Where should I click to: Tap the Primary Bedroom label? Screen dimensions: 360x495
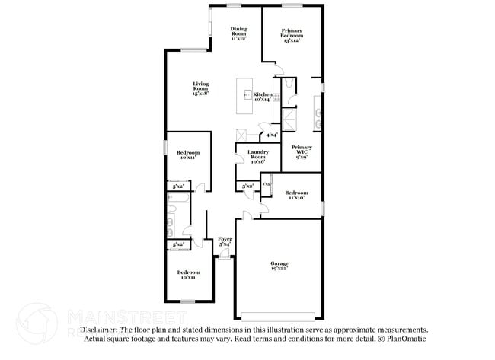(291, 35)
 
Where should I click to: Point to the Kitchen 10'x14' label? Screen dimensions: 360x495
(263, 96)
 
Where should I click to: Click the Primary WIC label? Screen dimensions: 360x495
(302, 152)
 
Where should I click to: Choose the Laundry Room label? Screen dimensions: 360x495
(257, 158)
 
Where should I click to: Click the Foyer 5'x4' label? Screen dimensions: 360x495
(225, 241)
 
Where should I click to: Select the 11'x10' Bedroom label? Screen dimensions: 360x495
(296, 195)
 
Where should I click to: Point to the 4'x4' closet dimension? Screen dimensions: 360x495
(271, 135)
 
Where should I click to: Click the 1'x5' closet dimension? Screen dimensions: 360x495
(266, 184)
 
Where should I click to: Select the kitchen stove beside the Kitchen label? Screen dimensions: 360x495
(276, 97)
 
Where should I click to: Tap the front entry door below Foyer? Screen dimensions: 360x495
(225, 256)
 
